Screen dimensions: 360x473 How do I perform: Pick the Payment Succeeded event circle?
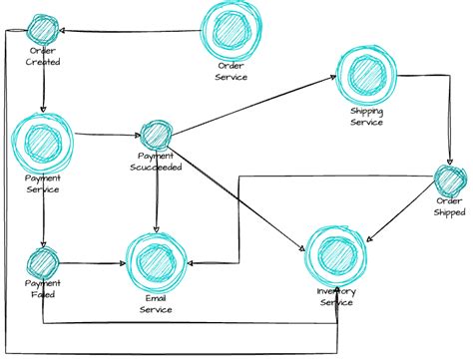point(157,135)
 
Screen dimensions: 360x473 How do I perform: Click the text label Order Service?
point(231,72)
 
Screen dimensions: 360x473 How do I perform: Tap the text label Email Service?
point(155,304)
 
